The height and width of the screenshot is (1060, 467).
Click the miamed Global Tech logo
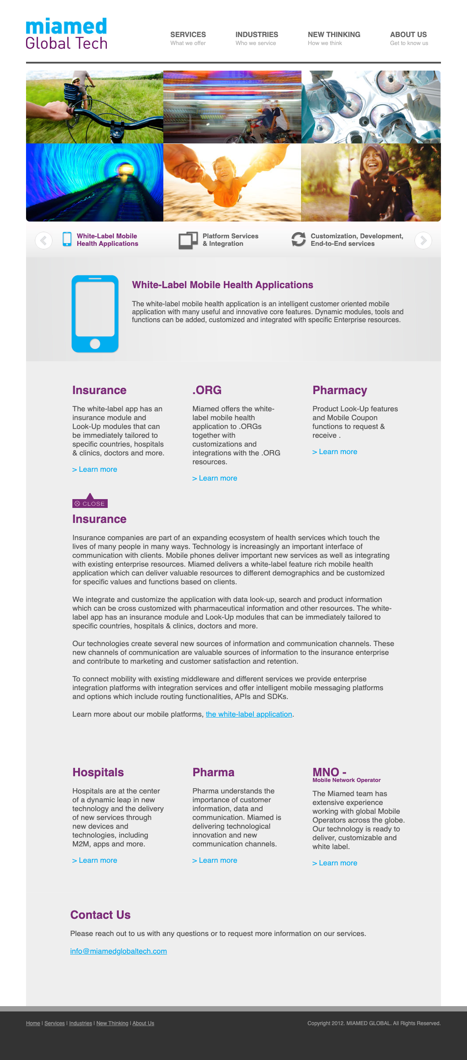[x=66, y=34]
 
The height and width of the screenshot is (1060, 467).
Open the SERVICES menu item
[x=188, y=35]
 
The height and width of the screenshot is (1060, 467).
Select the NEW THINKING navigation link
[x=334, y=35]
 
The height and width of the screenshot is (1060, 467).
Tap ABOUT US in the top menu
[x=408, y=35]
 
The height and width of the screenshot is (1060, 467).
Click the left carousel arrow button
[x=44, y=240]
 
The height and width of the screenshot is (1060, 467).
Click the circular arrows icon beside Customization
[x=298, y=239]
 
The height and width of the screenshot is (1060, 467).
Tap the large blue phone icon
[x=95, y=314]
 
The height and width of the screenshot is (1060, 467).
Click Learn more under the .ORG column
[x=215, y=478]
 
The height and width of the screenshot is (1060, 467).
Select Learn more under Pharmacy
[x=335, y=451]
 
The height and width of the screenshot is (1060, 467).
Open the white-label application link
[x=249, y=714]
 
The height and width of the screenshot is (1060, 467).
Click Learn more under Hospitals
[x=95, y=860]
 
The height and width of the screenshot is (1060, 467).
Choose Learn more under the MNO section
[x=335, y=863]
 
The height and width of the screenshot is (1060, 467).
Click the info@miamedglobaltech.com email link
[x=118, y=951]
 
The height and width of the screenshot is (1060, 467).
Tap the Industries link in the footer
[x=80, y=1023]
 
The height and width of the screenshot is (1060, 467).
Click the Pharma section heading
[x=213, y=772]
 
